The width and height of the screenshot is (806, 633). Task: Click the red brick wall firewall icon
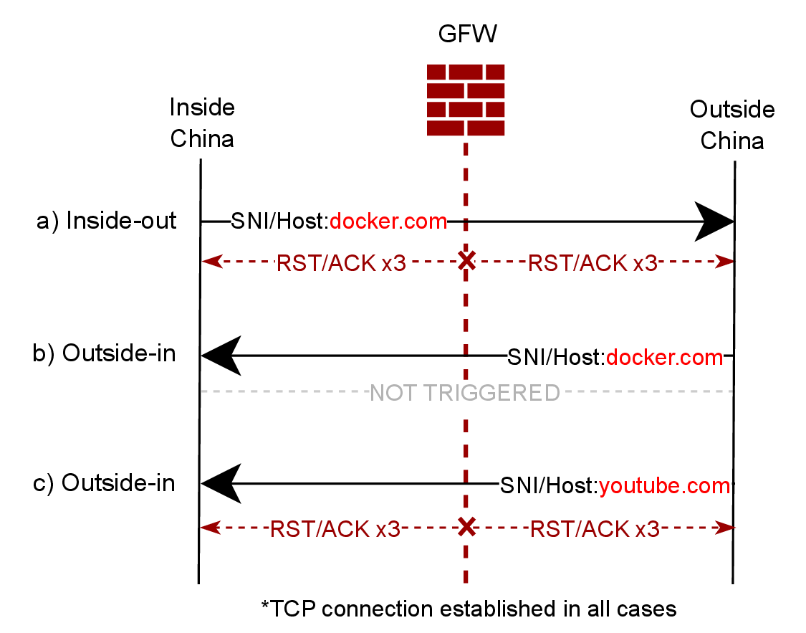[466, 100]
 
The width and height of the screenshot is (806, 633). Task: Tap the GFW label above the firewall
[466, 34]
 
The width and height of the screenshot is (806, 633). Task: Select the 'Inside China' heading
[202, 123]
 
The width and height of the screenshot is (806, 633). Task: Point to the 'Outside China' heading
[732, 125]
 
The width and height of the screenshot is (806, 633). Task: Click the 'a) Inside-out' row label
[106, 221]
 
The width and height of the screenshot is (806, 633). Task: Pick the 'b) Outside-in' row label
[105, 353]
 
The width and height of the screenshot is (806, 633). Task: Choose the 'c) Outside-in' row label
[105, 483]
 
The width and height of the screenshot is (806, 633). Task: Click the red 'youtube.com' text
[664, 486]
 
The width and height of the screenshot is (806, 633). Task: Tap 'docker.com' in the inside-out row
[388, 222]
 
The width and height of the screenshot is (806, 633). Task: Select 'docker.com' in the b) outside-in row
[664, 356]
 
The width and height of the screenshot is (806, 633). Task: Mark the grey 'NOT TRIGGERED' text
[464, 392]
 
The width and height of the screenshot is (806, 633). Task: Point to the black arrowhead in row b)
[221, 356]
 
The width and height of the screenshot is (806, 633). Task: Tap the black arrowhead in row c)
[221, 484]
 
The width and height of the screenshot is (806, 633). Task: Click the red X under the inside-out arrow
[466, 262]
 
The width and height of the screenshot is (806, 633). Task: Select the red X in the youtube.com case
[466, 528]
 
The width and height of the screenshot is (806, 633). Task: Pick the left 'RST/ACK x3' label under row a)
[341, 263]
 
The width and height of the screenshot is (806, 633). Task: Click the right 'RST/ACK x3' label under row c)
[594, 529]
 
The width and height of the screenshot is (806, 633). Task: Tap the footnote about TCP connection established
[469, 609]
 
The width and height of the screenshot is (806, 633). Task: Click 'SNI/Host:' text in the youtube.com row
[549, 486]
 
